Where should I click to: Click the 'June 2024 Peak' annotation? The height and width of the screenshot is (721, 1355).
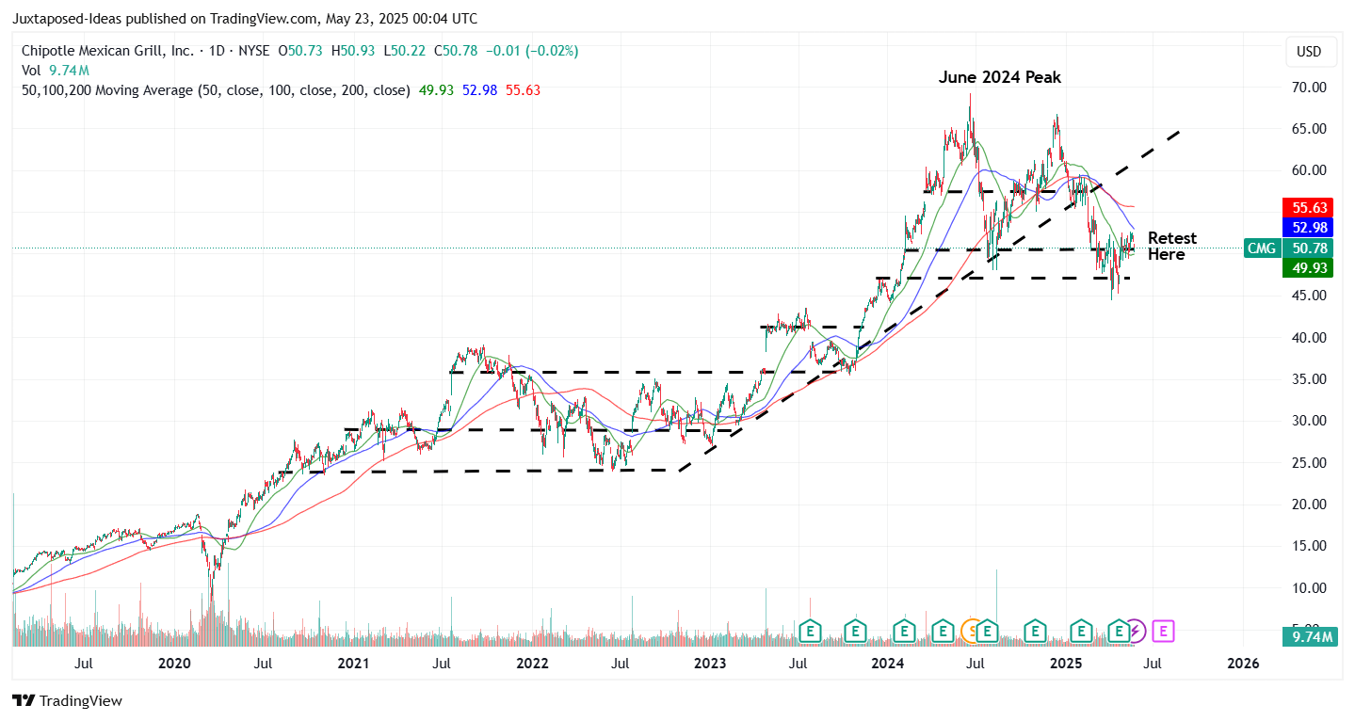[x=999, y=77]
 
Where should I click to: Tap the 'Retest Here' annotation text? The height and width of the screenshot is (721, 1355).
[x=1171, y=247]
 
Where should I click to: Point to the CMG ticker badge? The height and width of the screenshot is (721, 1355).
[x=1262, y=248]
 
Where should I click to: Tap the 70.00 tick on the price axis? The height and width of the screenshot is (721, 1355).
[x=1308, y=88]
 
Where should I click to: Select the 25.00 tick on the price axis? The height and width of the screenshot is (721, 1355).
[x=1308, y=462]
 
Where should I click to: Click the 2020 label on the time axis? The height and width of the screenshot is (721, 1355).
[x=174, y=664]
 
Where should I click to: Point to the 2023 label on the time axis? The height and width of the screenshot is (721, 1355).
[x=710, y=664]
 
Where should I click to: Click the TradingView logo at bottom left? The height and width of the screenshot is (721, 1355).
[x=67, y=701]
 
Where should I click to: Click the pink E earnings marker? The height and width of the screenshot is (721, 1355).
[x=1163, y=631]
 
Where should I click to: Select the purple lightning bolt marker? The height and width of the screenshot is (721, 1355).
[x=1136, y=631]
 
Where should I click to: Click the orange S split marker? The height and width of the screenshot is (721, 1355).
[x=969, y=631]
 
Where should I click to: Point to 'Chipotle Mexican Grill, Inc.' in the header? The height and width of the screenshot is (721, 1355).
[x=108, y=51]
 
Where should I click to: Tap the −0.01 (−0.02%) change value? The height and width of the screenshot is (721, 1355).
[x=532, y=51]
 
